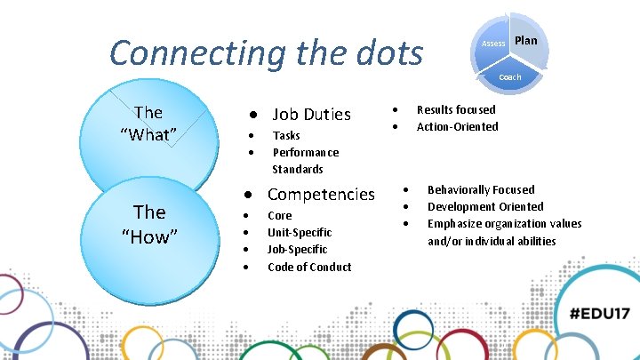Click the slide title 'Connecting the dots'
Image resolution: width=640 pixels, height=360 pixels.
[266, 52]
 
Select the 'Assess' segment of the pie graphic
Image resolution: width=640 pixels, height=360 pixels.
[492, 44]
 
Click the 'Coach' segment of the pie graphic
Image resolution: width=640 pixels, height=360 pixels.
[510, 77]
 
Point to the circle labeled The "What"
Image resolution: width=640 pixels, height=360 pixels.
[148, 124]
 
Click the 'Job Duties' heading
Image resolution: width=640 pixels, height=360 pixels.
[310, 114]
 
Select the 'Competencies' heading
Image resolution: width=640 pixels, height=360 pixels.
[321, 194]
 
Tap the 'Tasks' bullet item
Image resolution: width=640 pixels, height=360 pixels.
[286, 135]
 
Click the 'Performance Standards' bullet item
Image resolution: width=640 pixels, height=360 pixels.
[305, 161]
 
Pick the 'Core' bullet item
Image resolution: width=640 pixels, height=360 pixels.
[279, 215]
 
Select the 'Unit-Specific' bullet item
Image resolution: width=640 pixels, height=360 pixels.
[300, 232]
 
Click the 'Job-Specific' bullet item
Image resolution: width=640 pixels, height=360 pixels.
[297, 249]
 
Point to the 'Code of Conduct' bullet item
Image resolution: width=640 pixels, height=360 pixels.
[309, 267]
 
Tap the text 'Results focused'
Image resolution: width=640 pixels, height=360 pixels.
[456, 109]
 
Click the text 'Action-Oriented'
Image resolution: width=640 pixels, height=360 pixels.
[457, 126]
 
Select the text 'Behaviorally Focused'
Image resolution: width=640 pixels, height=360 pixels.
[481, 189]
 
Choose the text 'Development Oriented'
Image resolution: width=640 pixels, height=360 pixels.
[485, 206]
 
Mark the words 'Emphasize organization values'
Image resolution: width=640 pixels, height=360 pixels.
[504, 223]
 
